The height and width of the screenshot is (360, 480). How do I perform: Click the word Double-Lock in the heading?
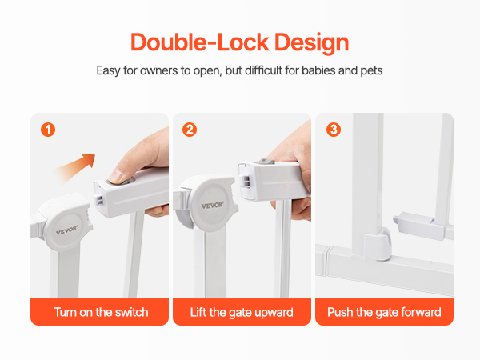(x=199, y=42)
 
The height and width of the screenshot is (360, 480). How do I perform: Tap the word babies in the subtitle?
(x=318, y=70)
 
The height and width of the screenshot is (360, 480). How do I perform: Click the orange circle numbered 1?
(x=48, y=130)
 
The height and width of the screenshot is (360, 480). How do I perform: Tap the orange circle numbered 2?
(x=190, y=130)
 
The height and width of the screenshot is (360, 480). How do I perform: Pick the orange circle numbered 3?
(x=334, y=130)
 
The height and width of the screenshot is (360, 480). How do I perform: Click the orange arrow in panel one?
(x=75, y=167)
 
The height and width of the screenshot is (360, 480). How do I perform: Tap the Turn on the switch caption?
(x=101, y=312)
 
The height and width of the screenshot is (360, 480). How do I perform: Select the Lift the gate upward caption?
(x=242, y=313)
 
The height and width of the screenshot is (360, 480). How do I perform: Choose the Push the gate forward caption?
(x=384, y=313)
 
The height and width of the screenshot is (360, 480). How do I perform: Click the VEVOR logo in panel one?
(x=67, y=230)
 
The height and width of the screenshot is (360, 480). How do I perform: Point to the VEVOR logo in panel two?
(x=213, y=206)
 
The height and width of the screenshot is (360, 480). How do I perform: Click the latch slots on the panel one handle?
(x=100, y=200)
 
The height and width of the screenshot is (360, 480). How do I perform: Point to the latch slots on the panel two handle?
(x=246, y=180)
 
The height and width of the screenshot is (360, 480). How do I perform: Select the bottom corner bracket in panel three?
(x=378, y=244)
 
